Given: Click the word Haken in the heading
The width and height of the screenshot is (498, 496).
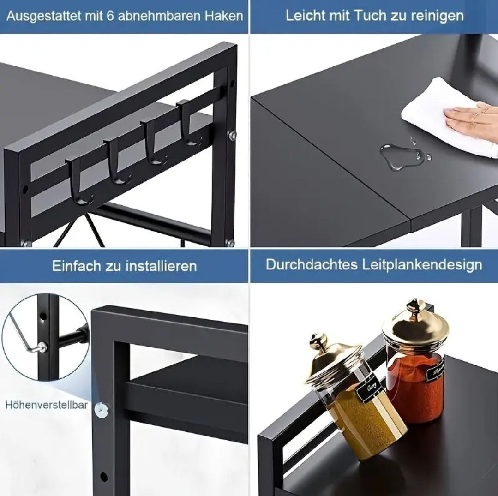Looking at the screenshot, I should (x=224, y=16).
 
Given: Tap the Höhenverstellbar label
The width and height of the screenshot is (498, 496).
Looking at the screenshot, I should (x=47, y=405).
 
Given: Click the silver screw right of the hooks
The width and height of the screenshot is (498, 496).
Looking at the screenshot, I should (x=232, y=136).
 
